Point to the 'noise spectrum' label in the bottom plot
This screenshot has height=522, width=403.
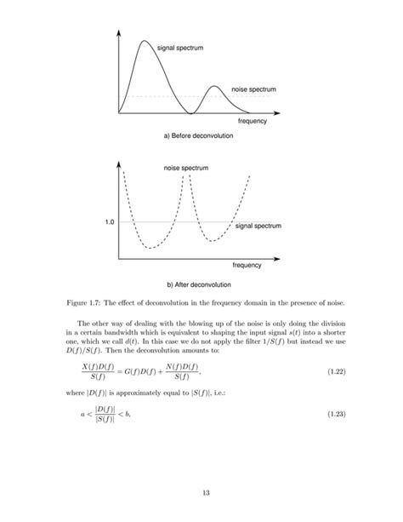point(186,167)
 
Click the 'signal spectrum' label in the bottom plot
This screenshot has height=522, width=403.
point(258,227)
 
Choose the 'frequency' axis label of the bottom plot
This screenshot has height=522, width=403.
point(247,267)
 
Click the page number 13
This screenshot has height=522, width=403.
point(201,493)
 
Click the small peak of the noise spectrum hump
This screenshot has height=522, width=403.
point(214,86)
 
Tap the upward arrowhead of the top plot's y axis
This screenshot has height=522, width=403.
point(120,32)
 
